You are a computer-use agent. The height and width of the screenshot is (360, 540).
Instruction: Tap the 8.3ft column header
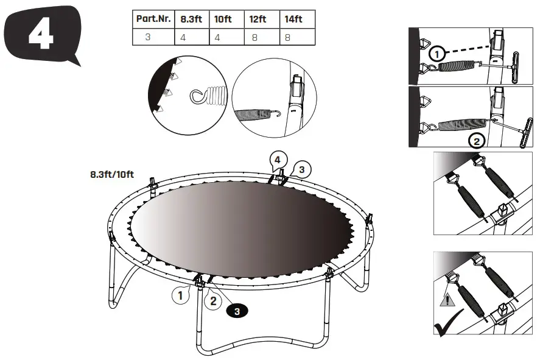click(x=192, y=19)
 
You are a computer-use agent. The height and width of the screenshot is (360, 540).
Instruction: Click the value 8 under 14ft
click(x=289, y=37)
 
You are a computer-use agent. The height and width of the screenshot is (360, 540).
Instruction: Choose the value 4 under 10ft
click(x=218, y=37)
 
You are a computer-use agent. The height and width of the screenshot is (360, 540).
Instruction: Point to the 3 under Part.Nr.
click(x=147, y=37)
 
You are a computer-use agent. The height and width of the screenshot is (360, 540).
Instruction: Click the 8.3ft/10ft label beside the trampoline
click(x=112, y=174)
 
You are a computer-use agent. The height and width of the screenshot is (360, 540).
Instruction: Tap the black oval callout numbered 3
click(x=237, y=311)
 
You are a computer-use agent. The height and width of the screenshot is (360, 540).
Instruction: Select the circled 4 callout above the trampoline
click(x=277, y=160)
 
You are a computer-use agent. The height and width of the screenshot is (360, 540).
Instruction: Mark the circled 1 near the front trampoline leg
click(x=178, y=297)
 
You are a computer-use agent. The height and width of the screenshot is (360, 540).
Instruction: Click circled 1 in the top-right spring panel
click(x=436, y=54)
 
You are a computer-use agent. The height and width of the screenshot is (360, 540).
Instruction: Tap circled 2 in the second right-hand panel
click(x=477, y=141)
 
